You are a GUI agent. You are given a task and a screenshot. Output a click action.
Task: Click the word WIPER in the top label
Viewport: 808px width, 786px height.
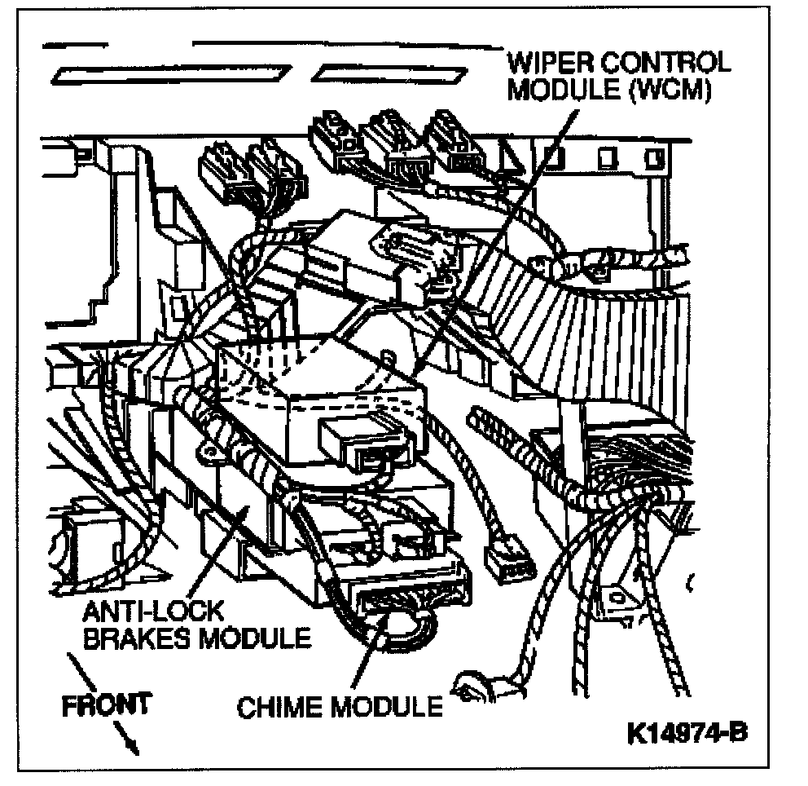(546, 63)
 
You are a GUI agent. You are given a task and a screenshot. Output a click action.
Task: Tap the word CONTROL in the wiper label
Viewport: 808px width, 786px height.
(660, 63)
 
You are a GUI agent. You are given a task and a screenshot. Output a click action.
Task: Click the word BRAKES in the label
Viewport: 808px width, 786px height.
(133, 638)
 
